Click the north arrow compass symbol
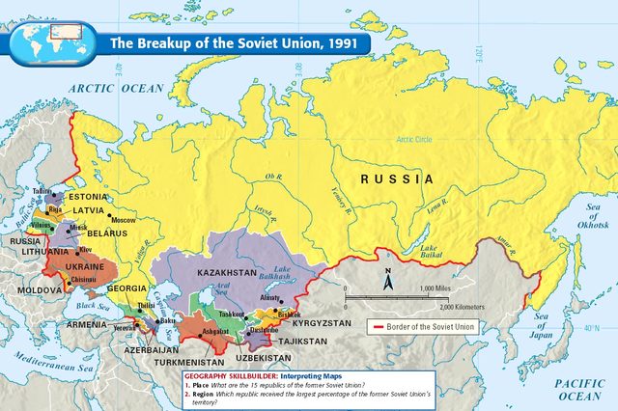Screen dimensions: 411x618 (387, 281)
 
